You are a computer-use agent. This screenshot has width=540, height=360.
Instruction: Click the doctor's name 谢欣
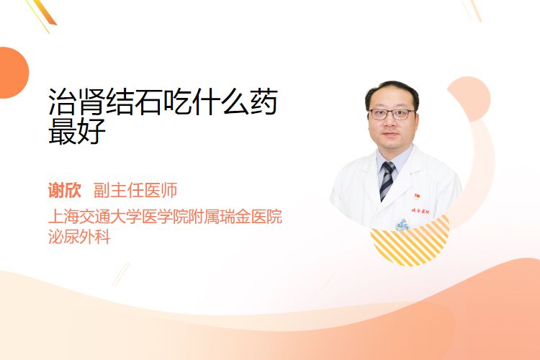click(65, 190)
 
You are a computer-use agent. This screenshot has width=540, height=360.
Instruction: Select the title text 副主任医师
click(135, 190)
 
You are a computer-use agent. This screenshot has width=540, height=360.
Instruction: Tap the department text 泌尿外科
click(79, 237)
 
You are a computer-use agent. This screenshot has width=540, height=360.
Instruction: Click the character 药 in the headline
click(264, 102)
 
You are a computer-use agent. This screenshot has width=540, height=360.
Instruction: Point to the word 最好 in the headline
click(77, 131)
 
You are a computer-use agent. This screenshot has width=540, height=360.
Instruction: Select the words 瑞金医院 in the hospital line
click(251, 216)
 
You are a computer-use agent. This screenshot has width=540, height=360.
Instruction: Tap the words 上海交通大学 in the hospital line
click(95, 216)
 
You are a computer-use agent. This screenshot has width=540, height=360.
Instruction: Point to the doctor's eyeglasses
click(392, 114)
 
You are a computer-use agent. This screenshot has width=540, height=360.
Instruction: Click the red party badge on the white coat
click(417, 197)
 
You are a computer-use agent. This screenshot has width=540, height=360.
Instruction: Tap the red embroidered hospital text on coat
click(420, 211)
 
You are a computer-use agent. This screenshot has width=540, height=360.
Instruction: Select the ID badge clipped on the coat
click(402, 225)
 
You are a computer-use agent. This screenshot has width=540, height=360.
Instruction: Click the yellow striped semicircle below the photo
click(410, 243)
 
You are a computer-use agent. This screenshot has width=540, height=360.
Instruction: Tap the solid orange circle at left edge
click(13, 73)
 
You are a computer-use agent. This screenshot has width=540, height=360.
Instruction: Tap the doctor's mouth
click(390, 134)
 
